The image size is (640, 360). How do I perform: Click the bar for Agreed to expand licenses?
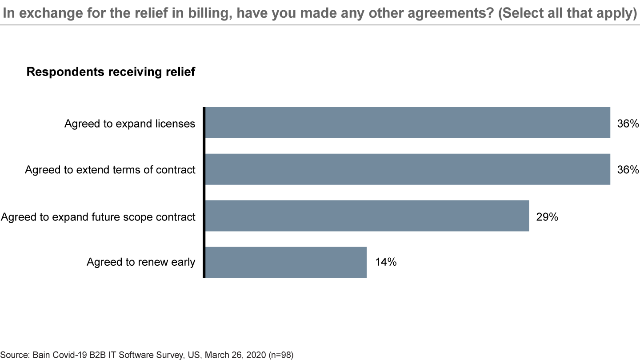coord(408,123)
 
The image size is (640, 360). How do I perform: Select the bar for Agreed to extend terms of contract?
coord(408,169)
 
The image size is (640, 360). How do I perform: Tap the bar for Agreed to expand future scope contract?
coord(367,216)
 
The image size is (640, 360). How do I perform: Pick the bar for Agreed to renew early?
coord(286,262)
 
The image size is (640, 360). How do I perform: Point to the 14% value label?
coord(385,262)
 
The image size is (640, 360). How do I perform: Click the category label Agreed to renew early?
coord(141,262)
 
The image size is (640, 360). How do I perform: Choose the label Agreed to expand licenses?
coord(130,123)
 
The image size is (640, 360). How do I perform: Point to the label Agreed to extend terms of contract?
coord(110,170)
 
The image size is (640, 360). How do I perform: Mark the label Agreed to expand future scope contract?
coord(98,216)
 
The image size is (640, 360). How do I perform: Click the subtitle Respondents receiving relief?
coord(111,72)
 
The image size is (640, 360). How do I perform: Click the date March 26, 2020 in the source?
coord(232,355)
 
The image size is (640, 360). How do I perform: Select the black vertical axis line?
coord(204,192)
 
